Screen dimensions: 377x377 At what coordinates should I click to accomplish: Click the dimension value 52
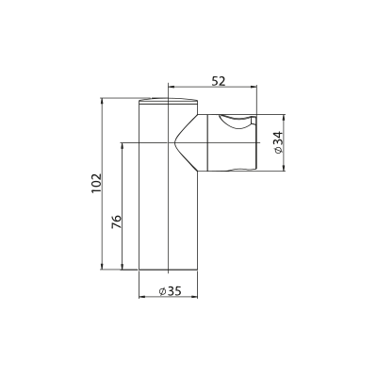pos(219,81)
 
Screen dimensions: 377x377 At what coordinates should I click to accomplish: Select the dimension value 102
pos(97,183)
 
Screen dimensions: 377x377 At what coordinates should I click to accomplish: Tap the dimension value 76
pos(116,222)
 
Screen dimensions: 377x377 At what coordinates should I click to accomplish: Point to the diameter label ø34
pos(279,142)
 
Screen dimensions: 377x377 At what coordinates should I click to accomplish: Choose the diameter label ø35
pos(171,291)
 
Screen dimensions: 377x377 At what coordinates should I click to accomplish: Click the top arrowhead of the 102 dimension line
pos(102,101)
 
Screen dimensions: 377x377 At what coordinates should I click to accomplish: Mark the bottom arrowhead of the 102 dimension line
pos(102,267)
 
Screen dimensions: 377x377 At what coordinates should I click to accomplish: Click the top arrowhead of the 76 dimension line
pos(122,146)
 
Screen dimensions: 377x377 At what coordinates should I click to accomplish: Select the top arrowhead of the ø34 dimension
pos(284,118)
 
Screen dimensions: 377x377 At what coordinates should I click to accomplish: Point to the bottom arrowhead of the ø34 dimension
pos(284,168)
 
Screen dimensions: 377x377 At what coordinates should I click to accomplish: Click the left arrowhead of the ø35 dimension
pos(142,297)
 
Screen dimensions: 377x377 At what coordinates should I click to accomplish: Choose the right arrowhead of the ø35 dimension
pos(194,297)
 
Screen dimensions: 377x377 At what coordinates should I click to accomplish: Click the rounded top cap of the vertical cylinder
pos(168,100)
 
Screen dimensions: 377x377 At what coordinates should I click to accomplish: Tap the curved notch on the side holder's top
pos(235,123)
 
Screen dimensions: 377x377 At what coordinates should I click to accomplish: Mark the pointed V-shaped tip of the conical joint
pos(173,143)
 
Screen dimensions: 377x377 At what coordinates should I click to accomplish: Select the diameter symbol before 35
pos(162,292)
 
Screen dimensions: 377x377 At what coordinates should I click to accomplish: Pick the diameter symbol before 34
pos(279,150)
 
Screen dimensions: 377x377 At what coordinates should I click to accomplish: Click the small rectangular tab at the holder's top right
pos(254,121)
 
